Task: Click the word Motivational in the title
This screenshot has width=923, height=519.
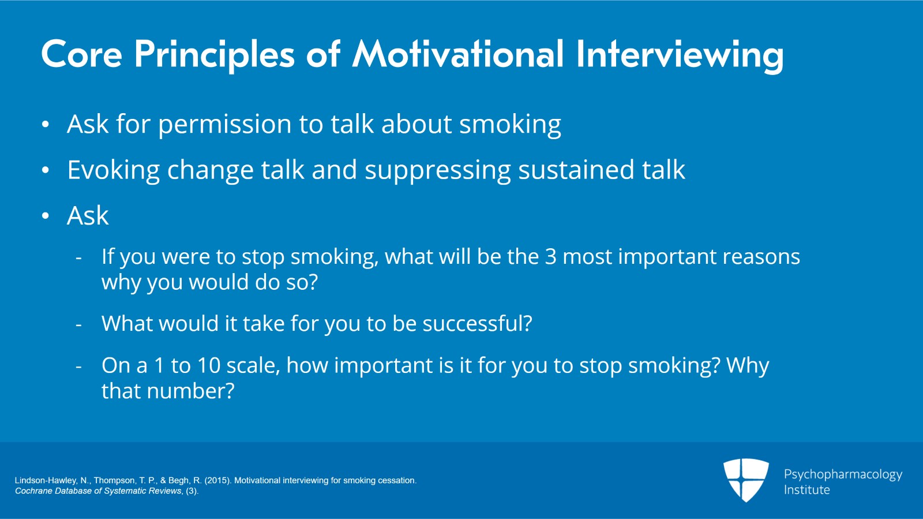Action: (x=458, y=54)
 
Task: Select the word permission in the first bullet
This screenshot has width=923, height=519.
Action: (x=224, y=125)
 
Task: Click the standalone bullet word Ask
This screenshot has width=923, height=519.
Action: (x=88, y=216)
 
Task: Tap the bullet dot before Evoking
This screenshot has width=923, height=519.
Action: (x=46, y=170)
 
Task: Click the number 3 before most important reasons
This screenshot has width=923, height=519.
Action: (x=551, y=257)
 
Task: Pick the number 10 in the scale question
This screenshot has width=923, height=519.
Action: (x=209, y=365)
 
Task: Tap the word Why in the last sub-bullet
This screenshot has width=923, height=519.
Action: (x=748, y=365)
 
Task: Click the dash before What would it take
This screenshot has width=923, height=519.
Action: (x=79, y=325)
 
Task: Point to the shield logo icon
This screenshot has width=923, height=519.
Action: (x=746, y=479)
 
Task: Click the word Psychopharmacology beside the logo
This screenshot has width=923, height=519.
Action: (x=843, y=475)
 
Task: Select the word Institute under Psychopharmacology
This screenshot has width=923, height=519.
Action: (x=806, y=490)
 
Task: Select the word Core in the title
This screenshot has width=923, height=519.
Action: (x=81, y=54)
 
